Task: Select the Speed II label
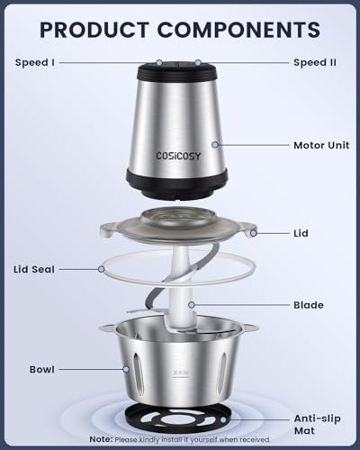pos(315,62)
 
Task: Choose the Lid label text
pos(301,233)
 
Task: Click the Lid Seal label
pos(40,268)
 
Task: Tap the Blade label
pos(308,305)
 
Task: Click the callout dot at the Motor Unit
pos(215,144)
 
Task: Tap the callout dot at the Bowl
pos(125,368)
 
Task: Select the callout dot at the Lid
pos(255,233)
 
